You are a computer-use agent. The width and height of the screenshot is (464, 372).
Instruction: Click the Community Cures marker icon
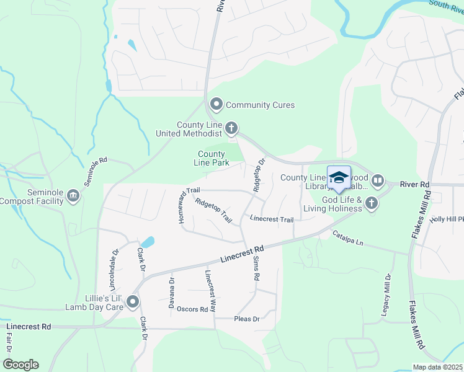click(216, 104)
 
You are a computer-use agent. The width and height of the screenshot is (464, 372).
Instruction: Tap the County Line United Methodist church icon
click(231, 128)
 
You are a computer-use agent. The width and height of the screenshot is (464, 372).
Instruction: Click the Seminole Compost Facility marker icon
click(74, 197)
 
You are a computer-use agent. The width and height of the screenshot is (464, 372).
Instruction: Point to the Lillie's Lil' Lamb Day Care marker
click(133, 303)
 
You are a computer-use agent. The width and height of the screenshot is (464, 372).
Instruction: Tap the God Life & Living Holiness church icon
click(371, 203)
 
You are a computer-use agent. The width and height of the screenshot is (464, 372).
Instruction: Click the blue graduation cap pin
click(339, 178)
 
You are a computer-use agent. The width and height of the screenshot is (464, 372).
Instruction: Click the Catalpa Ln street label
click(347, 237)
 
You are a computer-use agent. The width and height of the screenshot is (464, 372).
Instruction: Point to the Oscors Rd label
click(192, 309)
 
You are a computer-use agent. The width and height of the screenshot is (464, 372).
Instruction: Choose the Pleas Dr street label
click(246, 319)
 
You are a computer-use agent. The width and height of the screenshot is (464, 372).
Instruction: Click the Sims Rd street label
click(255, 267)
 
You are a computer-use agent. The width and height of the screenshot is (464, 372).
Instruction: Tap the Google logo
click(20, 365)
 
